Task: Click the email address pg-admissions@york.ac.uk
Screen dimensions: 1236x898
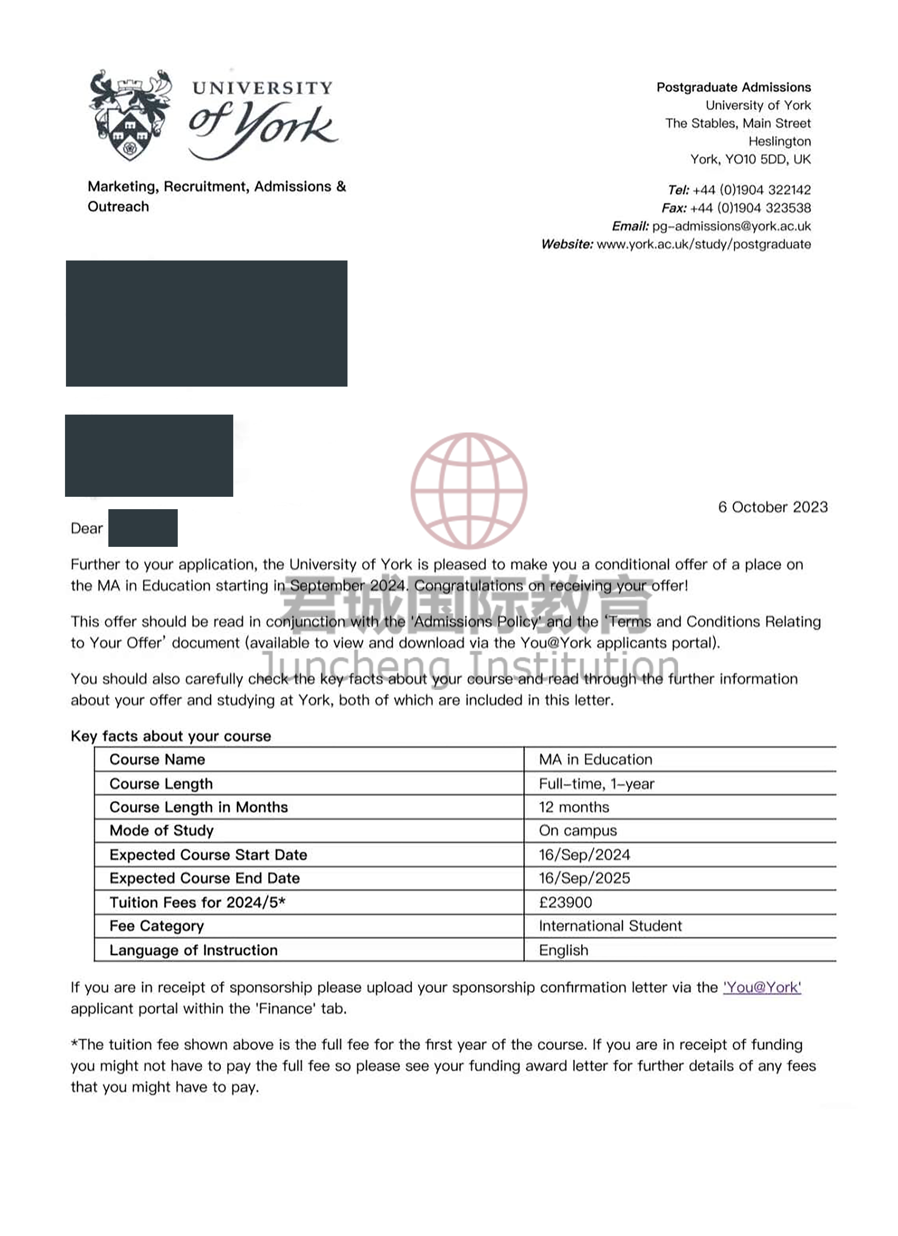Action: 731,226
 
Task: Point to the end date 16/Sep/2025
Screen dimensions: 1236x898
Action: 584,878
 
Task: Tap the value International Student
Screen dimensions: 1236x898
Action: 610,926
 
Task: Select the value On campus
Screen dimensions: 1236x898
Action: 578,831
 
